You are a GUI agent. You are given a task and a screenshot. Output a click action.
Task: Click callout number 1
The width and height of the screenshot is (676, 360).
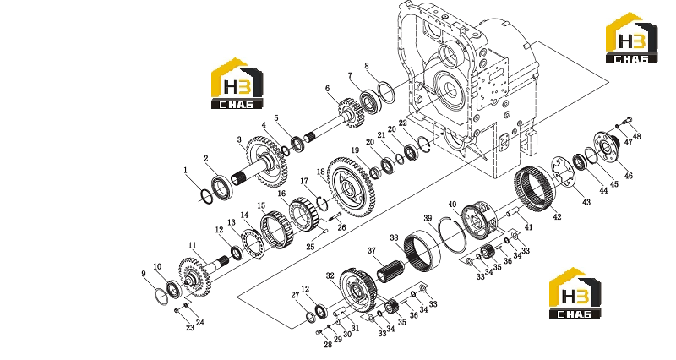point(186,171)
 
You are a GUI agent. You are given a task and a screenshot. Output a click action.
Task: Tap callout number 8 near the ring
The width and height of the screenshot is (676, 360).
point(367,66)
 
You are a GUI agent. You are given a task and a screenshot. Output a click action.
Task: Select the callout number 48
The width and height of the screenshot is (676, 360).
point(637,136)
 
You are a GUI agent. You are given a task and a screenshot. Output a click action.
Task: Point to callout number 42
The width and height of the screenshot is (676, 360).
point(557,217)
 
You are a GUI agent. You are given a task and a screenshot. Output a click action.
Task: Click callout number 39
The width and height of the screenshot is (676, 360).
point(428,219)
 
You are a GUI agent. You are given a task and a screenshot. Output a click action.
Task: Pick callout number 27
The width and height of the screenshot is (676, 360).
point(295,295)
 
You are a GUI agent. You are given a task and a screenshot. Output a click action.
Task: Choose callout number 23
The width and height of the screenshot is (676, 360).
point(190,328)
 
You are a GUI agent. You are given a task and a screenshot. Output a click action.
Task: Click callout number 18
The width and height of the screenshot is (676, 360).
point(321,172)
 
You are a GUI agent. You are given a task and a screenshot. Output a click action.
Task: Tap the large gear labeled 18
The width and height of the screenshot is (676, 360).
point(352,187)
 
